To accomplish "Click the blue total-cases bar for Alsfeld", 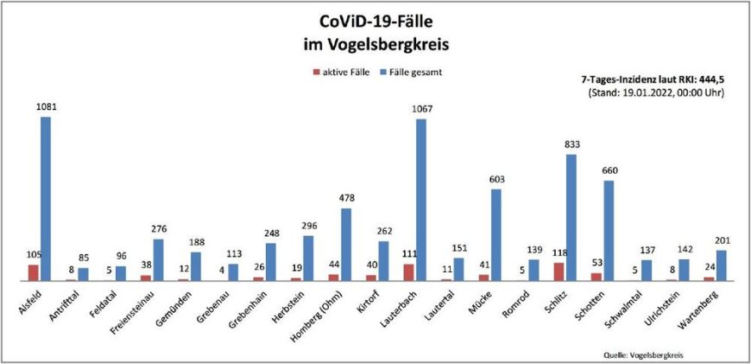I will tap(45, 199).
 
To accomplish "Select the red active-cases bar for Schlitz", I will tap(559, 271).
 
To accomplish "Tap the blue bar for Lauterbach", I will tap(421, 200).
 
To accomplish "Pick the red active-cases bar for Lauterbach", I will tap(409, 272).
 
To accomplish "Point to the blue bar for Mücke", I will tap(496, 234).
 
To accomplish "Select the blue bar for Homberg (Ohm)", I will tap(346, 244).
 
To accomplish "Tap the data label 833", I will tap(571, 144).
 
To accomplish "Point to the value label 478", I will tap(347, 198).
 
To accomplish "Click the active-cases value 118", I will tap(558, 253).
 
